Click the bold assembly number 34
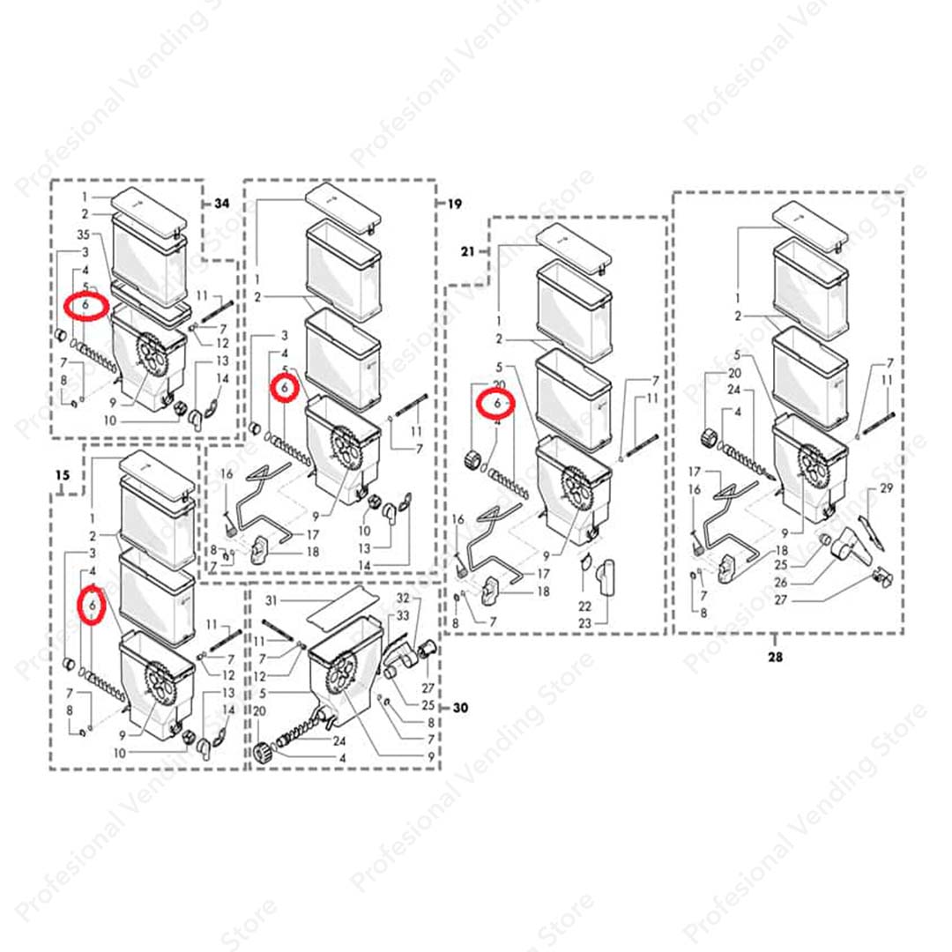coord(221,204)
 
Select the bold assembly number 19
coord(454,204)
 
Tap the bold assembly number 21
coord(467,251)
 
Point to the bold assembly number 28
coord(776,656)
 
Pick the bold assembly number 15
coord(62,475)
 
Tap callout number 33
coord(403,615)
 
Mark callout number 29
coord(887,487)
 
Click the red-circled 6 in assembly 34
coord(86,304)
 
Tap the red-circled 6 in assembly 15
coord(92,606)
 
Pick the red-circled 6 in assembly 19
coord(285,386)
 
